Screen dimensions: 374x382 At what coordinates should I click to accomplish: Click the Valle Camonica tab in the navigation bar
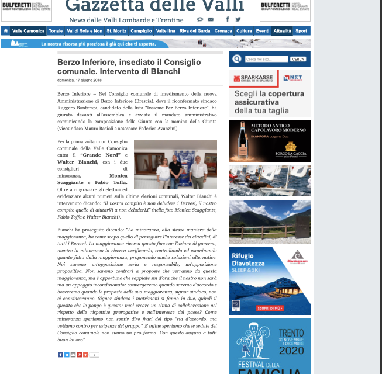28,31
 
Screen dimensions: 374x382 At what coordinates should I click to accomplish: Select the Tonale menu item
56,31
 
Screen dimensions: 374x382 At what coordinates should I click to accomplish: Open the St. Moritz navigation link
116,31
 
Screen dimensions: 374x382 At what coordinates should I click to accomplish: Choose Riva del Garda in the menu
195,31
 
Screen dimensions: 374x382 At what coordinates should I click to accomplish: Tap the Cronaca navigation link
223,31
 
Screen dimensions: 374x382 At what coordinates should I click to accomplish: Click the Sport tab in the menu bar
301,31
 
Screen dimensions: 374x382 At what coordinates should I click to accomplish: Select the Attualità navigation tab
282,31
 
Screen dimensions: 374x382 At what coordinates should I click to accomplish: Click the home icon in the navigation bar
6,31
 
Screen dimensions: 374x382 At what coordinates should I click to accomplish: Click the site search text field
267,59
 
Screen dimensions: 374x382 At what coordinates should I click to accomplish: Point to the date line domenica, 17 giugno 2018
80,80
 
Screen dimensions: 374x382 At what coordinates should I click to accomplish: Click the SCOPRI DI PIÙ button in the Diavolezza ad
270,308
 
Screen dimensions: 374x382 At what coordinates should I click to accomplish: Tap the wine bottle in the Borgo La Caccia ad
242,140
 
